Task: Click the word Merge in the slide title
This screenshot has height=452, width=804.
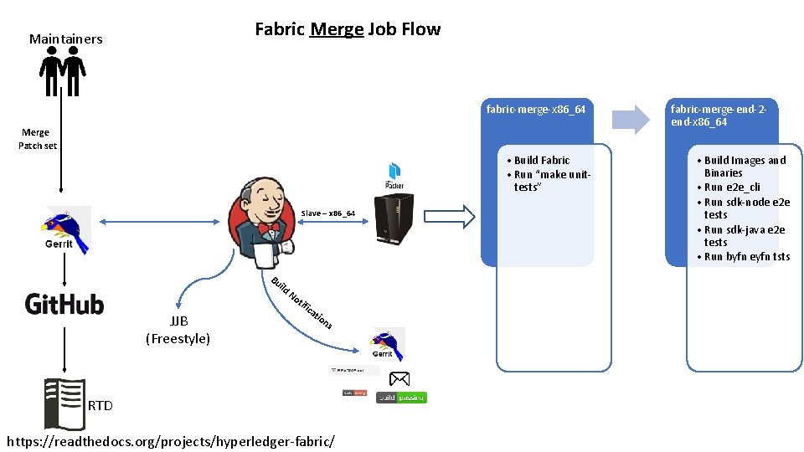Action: [337, 30]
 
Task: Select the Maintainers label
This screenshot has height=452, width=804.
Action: [65, 39]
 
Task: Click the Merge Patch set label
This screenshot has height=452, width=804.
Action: [37, 139]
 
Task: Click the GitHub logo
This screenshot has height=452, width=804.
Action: [64, 303]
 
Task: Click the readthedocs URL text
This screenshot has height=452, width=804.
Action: [170, 440]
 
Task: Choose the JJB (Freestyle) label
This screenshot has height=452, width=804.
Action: [178, 331]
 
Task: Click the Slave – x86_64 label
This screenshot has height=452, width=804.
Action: [327, 214]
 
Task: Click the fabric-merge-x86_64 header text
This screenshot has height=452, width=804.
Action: [536, 110]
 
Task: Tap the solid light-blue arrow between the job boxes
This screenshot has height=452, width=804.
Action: [630, 119]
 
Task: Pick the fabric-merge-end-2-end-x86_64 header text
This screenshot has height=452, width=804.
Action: [719, 116]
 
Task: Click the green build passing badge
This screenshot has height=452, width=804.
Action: [401, 397]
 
